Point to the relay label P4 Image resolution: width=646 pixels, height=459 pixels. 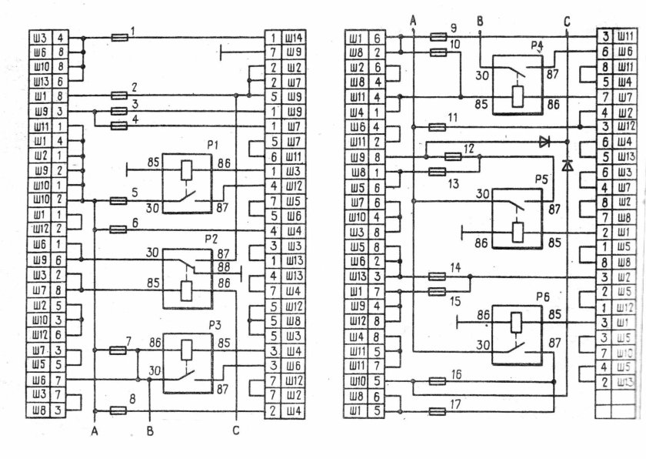[x=538, y=46]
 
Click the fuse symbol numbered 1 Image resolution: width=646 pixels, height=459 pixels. [x=120, y=36]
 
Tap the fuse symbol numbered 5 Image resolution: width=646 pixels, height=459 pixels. [x=118, y=201]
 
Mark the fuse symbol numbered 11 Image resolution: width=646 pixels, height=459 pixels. [x=437, y=126]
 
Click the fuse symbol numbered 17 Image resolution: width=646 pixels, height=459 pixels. [x=437, y=411]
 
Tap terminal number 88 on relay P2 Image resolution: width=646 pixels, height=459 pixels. [x=225, y=267]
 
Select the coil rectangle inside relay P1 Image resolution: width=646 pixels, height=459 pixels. [x=185, y=171]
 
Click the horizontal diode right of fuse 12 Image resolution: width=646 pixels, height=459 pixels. [x=544, y=141]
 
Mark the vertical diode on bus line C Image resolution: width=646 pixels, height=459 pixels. [x=567, y=164]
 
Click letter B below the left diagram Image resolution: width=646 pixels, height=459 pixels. [x=151, y=432]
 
